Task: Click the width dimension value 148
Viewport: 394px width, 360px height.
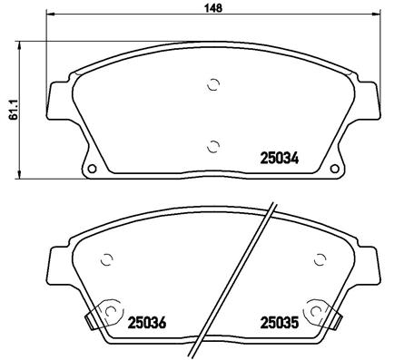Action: click(209, 6)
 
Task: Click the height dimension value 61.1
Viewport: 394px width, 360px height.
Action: click(11, 108)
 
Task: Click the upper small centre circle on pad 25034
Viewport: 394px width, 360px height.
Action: click(214, 86)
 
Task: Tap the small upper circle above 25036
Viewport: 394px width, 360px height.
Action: click(105, 258)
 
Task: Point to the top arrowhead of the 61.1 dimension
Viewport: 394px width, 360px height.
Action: click(22, 44)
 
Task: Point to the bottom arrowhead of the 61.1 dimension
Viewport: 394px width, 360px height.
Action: click(22, 175)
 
